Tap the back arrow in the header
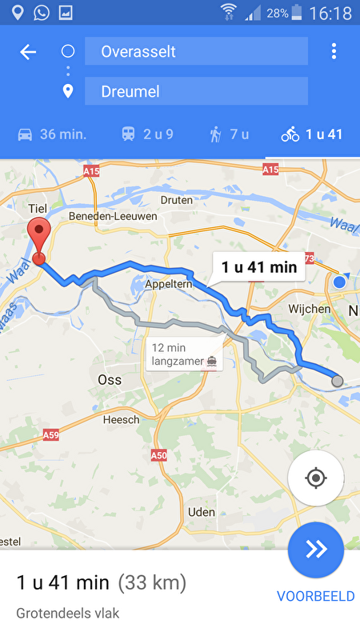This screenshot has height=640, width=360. click(x=28, y=52)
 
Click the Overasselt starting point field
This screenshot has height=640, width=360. click(x=195, y=52)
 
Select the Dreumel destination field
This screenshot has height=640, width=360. click(x=195, y=91)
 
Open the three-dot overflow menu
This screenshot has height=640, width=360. click(x=334, y=52)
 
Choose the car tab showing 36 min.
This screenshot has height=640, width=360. click(x=52, y=134)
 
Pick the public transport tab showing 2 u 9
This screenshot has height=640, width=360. click(x=147, y=134)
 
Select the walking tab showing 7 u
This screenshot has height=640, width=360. click(x=230, y=134)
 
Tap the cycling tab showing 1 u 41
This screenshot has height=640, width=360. click(x=312, y=134)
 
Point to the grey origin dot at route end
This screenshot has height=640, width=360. click(x=337, y=381)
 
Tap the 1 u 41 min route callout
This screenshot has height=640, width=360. click(x=259, y=267)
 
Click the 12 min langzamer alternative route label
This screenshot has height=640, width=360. click(x=184, y=354)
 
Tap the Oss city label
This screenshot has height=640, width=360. click(x=110, y=379)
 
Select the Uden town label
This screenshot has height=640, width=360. click(x=202, y=512)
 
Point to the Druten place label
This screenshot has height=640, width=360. click(x=176, y=200)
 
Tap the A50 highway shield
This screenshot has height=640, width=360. click(x=159, y=454)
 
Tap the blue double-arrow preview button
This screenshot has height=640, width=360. click(x=316, y=550)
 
